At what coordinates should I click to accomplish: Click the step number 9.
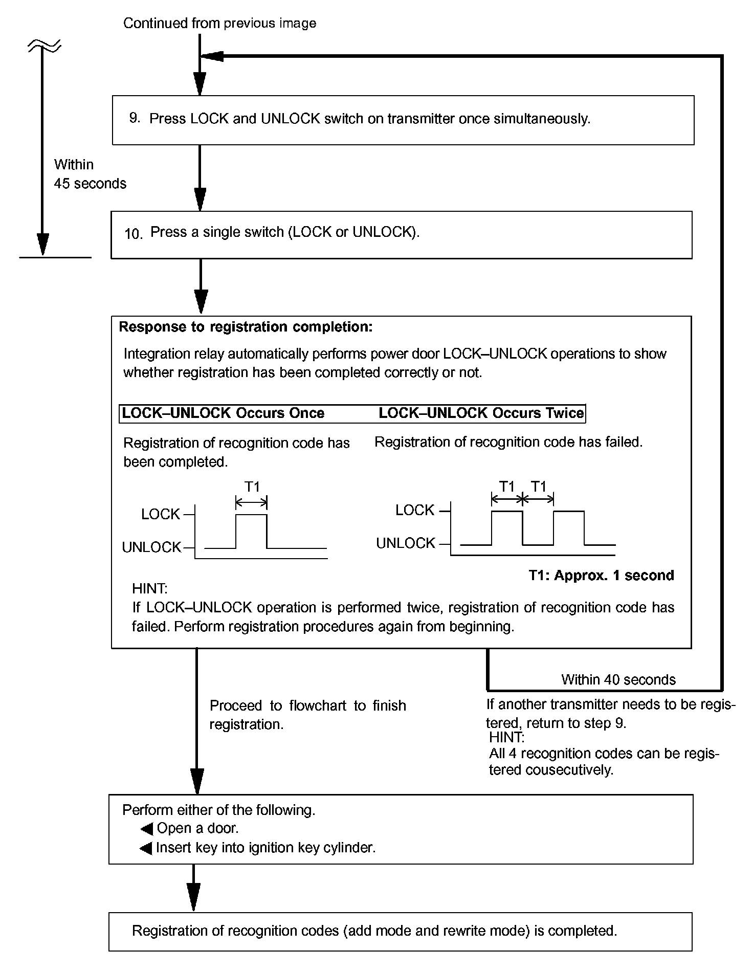134,118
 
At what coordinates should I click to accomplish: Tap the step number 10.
133,234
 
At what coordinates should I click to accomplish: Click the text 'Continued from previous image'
219,23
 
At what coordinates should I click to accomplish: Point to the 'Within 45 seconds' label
90,174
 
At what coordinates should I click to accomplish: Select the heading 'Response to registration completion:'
246,327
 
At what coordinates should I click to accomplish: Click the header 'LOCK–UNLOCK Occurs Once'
223,413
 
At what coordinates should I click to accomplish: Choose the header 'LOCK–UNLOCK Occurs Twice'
481,413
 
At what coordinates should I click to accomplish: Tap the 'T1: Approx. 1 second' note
601,576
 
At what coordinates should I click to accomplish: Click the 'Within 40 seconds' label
618,680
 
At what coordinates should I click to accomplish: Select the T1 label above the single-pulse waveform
252,487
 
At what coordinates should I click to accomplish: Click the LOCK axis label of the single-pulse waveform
161,514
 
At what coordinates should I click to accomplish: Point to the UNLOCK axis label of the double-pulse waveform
406,543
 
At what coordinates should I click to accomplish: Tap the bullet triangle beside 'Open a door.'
147,829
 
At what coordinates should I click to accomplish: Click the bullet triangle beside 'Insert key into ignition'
146,849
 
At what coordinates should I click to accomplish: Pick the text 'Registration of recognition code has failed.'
508,442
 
